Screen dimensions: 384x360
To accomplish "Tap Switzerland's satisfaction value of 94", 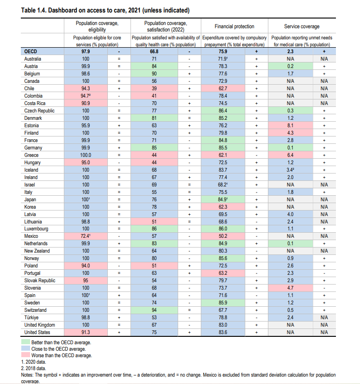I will tap(154, 310).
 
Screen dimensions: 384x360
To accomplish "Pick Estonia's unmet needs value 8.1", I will tap(291, 125).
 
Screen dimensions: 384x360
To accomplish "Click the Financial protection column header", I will tap(234, 26).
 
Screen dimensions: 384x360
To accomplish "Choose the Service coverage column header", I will tap(302, 26).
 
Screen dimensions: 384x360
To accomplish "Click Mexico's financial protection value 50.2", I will tap(223, 236).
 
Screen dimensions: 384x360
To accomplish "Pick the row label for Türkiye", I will tap(32, 317).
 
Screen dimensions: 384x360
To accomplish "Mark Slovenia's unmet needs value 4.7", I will tap(291, 288).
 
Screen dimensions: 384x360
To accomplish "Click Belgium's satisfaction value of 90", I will tap(154, 74).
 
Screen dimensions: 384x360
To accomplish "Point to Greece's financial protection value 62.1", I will tap(223, 155).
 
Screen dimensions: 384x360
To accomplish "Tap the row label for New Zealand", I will tap(37, 251).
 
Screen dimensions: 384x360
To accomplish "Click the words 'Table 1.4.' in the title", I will tap(34, 10).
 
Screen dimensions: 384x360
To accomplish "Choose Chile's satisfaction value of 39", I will tap(154, 88).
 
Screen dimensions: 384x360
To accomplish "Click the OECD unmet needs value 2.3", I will tap(291, 52).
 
